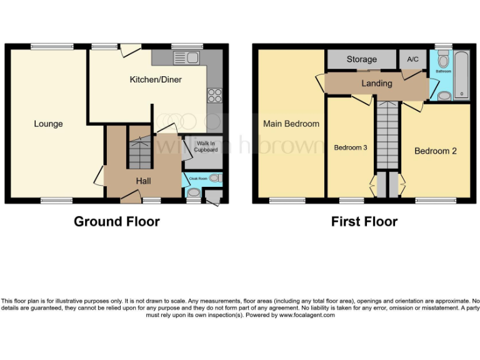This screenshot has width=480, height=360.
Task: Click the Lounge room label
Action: point(48,124)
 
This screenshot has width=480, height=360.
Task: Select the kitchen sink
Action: point(188,59)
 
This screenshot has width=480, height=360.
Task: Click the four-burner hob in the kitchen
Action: point(214,96)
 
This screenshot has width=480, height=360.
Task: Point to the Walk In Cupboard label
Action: point(206,147)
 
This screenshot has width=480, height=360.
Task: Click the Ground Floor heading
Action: point(117,221)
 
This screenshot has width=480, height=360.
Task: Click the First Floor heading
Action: point(364,221)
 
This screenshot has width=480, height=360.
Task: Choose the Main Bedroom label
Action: point(291,124)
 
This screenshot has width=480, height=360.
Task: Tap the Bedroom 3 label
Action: point(351,147)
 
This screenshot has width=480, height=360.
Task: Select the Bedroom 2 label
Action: point(436,151)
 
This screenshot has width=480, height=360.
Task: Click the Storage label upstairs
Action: point(361,59)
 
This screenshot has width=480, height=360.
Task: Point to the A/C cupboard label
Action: point(412,59)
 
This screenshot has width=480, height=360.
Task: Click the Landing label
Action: point(377,83)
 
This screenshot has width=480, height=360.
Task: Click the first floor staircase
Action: point(387,134)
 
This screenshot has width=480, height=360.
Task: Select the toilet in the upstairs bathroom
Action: point(444,61)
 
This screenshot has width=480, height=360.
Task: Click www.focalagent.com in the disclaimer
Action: point(307,315)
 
